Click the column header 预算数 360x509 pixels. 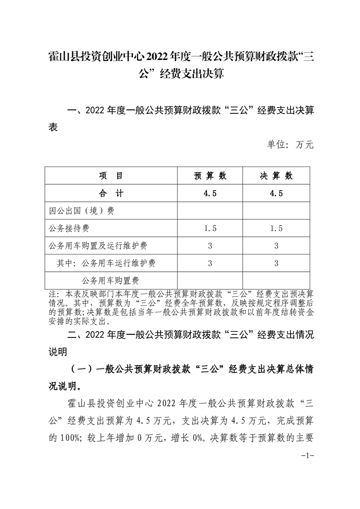point(210,176)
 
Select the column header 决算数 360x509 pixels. point(276,176)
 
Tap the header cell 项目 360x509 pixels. point(111,176)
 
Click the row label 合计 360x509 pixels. point(111,193)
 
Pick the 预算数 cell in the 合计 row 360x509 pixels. point(210,193)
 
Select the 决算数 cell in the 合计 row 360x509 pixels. point(276,193)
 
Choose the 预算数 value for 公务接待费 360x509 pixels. point(210,228)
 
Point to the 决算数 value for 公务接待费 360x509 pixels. point(276,228)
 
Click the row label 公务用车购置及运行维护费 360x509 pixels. point(97,245)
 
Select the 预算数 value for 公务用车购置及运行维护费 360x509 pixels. point(210,245)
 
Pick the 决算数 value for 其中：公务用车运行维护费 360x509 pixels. point(276,263)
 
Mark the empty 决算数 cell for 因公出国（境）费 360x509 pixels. point(276,211)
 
